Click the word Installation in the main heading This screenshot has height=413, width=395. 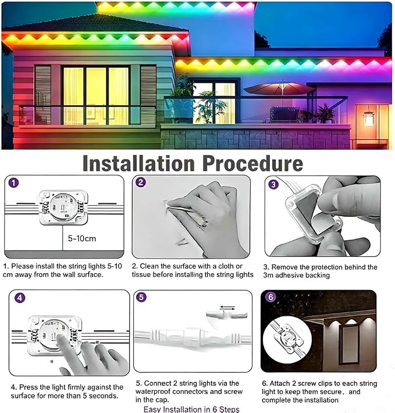coord(138,164)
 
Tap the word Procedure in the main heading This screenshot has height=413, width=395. coord(252,164)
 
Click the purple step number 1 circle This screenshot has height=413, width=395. coord(14,182)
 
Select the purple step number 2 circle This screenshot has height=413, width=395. coord(141,182)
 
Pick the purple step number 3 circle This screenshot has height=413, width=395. coord(273,184)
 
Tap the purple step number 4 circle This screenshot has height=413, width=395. coord(20,298)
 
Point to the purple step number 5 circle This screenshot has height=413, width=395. coord(141,297)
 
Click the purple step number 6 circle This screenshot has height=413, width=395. coord(271,297)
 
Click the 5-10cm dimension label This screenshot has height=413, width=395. coord(82,239)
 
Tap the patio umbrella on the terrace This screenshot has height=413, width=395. coord(279,89)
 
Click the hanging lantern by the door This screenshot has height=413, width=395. coord(368,117)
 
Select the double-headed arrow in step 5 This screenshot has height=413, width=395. coord(227,308)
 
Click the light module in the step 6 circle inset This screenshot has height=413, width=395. coord(287,338)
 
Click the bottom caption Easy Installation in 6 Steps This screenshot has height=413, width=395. coord(191,409)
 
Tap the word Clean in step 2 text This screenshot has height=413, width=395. coord(150,266)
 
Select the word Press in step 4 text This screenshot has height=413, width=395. coord(29,387)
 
